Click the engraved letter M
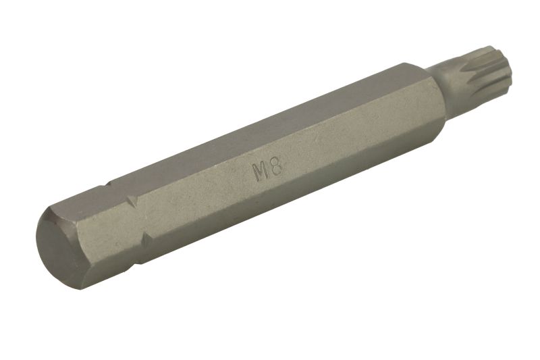[261, 172]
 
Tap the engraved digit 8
[277, 167]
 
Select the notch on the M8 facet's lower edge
[147, 239]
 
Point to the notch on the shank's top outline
[109, 185]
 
